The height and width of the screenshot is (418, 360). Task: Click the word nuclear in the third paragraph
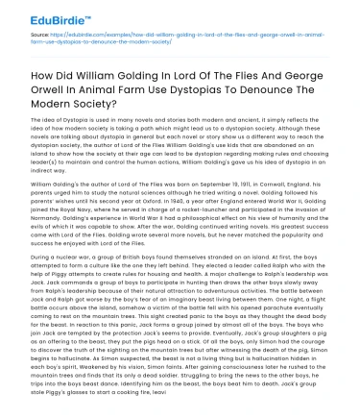point(62,286)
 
